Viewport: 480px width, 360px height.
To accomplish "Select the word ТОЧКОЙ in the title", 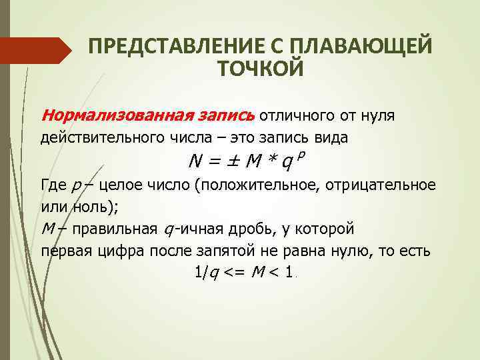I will click(261, 69).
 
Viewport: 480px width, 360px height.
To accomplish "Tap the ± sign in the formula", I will click(231, 162).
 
